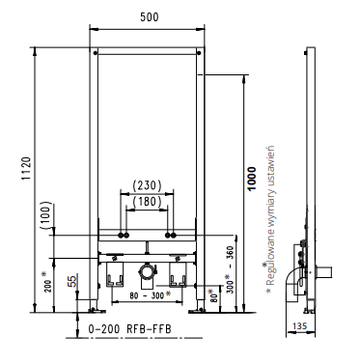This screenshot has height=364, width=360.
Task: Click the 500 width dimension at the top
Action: pyautogui.click(x=150, y=17)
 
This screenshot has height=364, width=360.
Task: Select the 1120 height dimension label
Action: pyautogui.click(x=26, y=169)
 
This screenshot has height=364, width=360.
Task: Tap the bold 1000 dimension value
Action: pyautogui.click(x=252, y=179)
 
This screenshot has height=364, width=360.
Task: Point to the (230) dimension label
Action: pyautogui.click(x=147, y=185)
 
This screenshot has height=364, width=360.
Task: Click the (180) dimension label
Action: pyautogui.click(x=147, y=202)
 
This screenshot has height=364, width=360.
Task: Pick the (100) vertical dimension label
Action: pyautogui.click(x=46, y=215)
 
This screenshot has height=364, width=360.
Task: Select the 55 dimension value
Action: pyautogui.click(x=73, y=281)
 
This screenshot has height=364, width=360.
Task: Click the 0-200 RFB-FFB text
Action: pyautogui.click(x=129, y=329)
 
